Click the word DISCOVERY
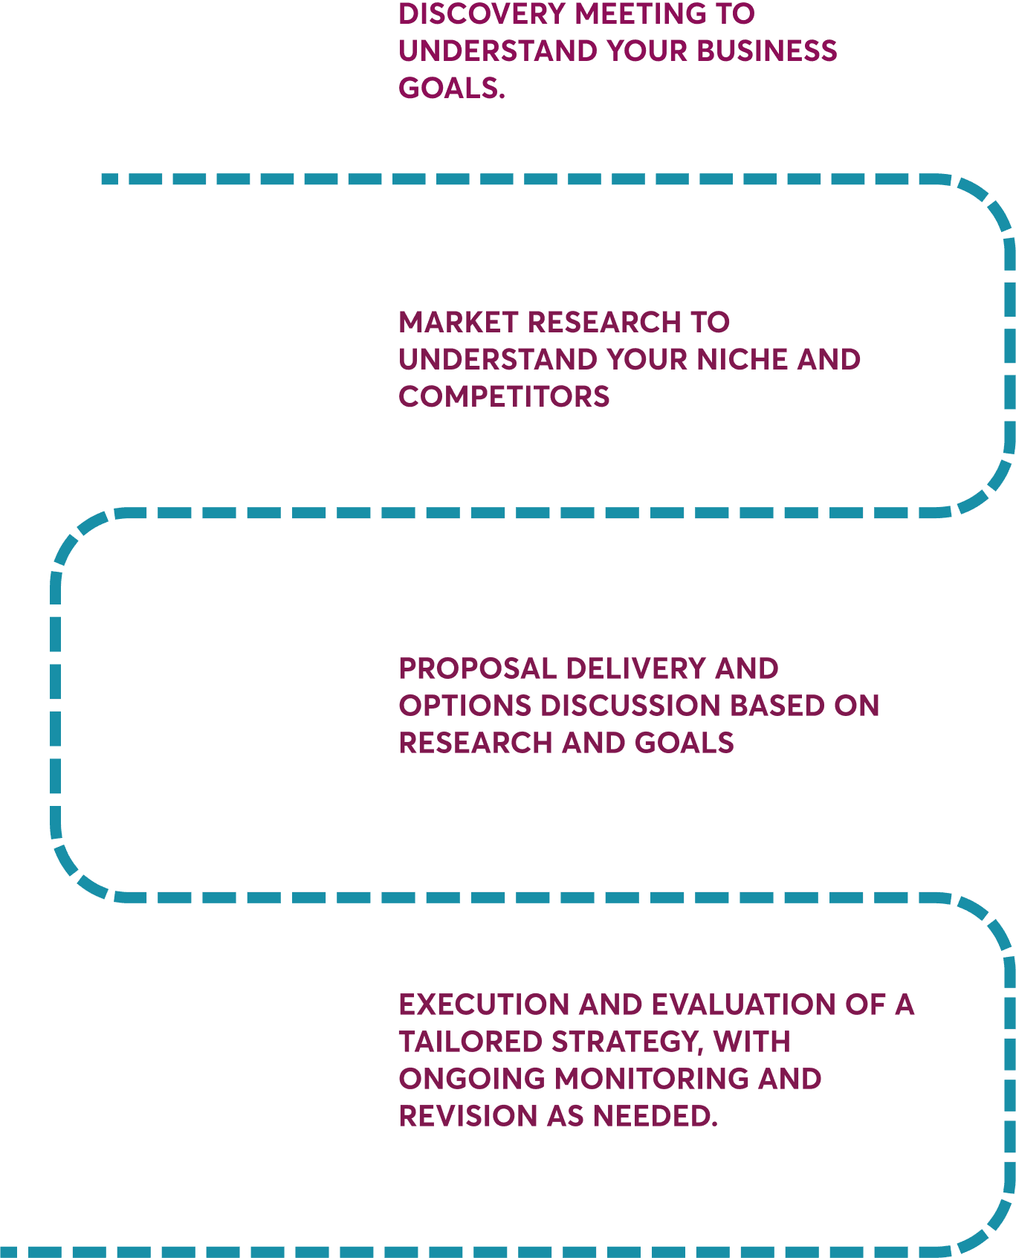pyautogui.click(x=482, y=13)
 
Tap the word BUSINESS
pyautogui.click(x=766, y=51)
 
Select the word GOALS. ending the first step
pyautogui.click(x=451, y=88)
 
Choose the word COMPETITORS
pyautogui.click(x=504, y=396)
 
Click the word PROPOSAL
pyautogui.click(x=477, y=668)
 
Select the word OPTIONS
pyautogui.click(x=465, y=706)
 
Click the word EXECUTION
pyautogui.click(x=484, y=1004)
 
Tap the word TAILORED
pyautogui.click(x=470, y=1042)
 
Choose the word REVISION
pyautogui.click(x=467, y=1116)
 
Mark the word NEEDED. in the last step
pyautogui.click(x=655, y=1116)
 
